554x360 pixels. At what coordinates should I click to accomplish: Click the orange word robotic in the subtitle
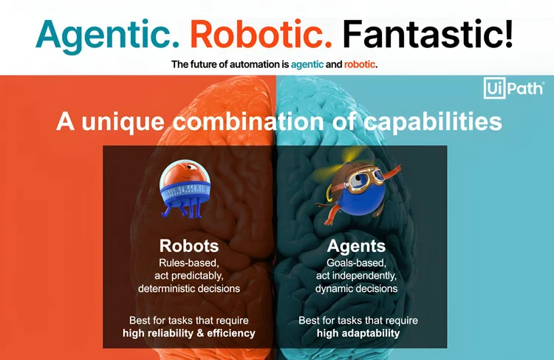coord(361,64)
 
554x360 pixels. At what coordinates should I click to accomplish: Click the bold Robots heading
coord(188,245)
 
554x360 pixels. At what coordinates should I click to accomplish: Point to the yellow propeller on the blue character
coord(328,175)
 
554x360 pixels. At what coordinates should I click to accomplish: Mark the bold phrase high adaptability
coord(358,333)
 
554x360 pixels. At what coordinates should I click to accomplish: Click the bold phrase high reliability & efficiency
coord(188,333)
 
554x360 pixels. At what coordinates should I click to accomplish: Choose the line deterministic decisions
coord(188,288)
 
